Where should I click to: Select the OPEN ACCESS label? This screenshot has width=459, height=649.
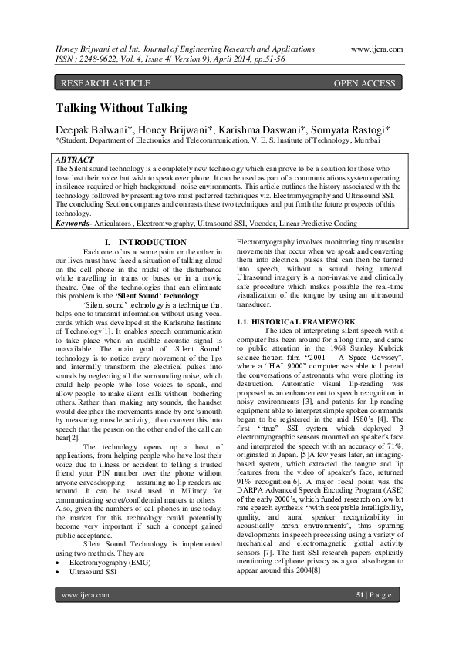364,83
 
